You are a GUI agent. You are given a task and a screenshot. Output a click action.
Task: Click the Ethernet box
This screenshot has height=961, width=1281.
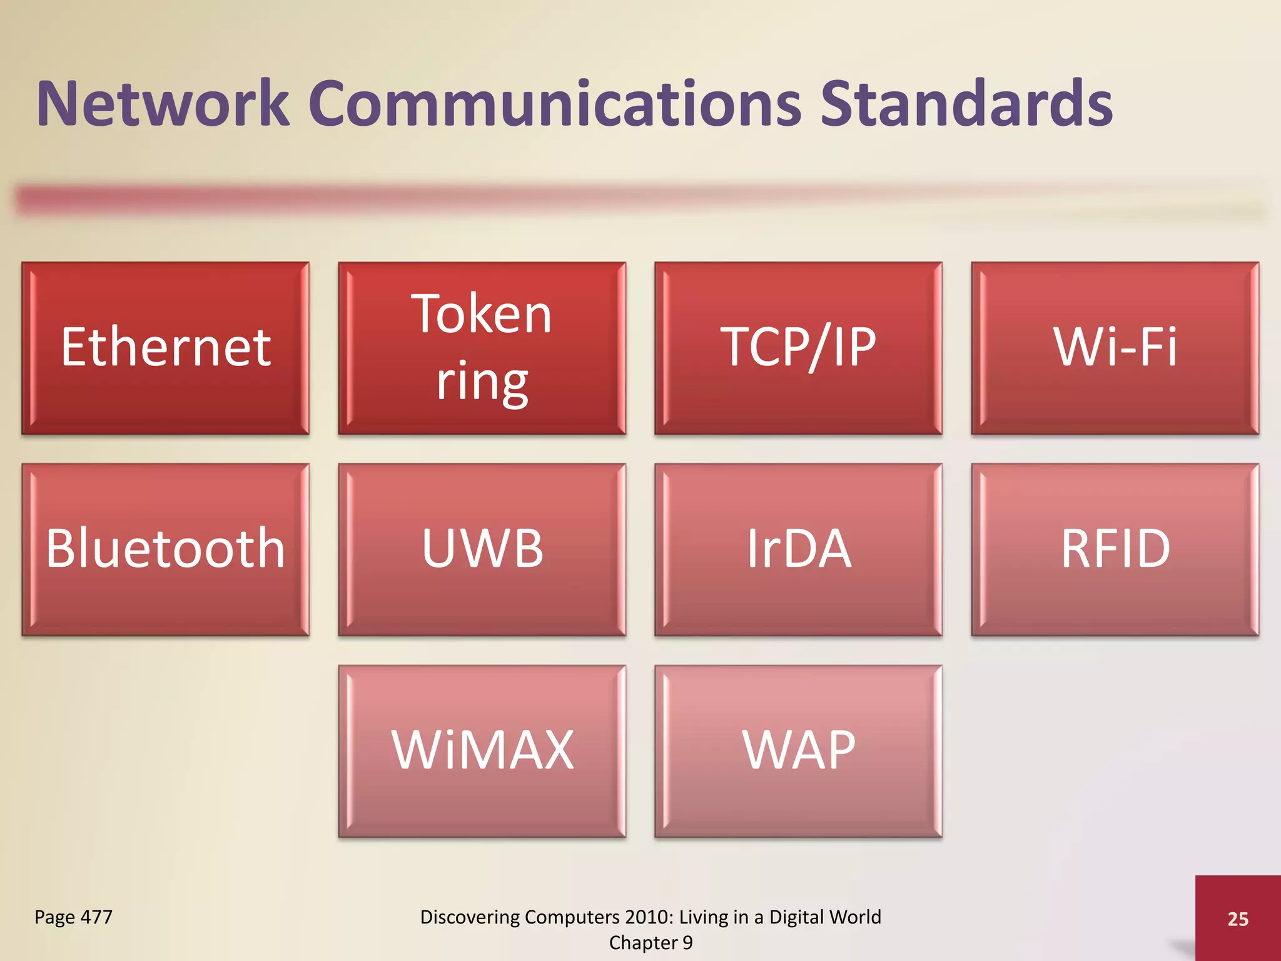pyautogui.click(x=166, y=348)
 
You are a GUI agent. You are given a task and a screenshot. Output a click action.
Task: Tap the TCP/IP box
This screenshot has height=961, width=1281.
pyautogui.click(x=798, y=348)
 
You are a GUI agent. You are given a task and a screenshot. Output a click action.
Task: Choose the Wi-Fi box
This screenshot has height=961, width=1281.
pyautogui.click(x=1115, y=348)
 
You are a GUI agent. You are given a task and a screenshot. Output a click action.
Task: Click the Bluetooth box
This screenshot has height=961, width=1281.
pyautogui.click(x=166, y=549)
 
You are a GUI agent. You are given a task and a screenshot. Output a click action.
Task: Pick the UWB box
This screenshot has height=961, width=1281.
pyautogui.click(x=482, y=549)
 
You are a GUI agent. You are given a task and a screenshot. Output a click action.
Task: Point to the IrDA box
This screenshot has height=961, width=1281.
pyautogui.click(x=798, y=549)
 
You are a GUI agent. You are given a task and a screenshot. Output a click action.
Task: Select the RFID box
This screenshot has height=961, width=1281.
pyautogui.click(x=1115, y=549)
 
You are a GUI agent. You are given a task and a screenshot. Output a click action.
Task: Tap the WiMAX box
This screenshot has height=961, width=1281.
pyautogui.click(x=482, y=751)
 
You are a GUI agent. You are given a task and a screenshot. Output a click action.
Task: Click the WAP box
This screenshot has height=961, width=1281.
pyautogui.click(x=798, y=751)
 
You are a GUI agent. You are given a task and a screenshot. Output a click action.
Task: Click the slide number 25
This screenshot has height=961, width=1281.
pyautogui.click(x=1238, y=918)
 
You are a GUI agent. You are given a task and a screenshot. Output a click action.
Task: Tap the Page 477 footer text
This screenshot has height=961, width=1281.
pyautogui.click(x=73, y=917)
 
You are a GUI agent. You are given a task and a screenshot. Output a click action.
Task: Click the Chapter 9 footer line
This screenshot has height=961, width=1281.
pyautogui.click(x=651, y=943)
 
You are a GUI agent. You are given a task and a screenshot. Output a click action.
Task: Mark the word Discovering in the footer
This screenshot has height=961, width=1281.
pyautogui.click(x=470, y=917)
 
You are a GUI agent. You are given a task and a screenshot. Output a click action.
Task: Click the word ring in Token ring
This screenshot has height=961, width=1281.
pyautogui.click(x=482, y=382)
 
